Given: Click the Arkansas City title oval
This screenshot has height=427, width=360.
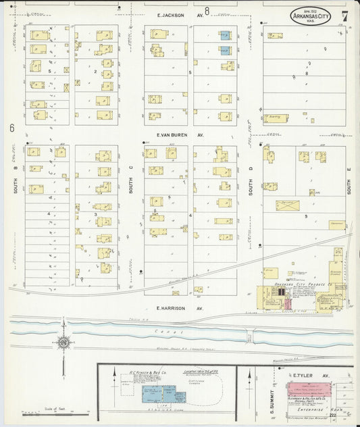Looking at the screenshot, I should point(311,17).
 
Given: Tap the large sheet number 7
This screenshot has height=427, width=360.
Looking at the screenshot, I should point(345,15).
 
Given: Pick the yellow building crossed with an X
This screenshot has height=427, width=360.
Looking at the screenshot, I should point(287,205).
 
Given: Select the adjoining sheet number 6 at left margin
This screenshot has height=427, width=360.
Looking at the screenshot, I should point(11,128).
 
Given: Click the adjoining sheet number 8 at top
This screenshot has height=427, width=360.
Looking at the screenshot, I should point(207,10).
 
